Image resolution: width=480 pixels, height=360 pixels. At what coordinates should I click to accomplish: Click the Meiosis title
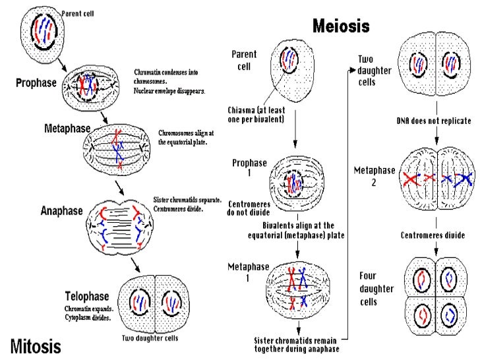[341, 26]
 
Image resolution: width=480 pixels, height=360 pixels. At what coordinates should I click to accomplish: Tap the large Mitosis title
[36, 346]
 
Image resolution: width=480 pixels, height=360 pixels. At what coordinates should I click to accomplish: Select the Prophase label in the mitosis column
[36, 82]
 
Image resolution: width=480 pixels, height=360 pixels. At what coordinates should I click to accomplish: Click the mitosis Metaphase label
[67, 129]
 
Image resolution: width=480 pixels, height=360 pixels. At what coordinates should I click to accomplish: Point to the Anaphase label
[62, 210]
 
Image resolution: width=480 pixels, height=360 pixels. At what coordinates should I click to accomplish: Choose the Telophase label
[87, 296]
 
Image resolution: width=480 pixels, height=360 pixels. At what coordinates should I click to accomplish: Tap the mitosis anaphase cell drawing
[120, 227]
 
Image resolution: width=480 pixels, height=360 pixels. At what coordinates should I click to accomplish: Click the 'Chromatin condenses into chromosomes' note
[166, 76]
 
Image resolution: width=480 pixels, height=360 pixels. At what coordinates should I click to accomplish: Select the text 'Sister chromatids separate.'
[187, 200]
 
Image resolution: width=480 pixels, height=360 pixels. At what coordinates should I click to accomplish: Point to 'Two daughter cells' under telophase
[150, 338]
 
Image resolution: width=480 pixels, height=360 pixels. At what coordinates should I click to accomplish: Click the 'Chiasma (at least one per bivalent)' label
[256, 115]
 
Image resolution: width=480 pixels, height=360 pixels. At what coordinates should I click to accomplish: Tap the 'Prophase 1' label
[249, 167]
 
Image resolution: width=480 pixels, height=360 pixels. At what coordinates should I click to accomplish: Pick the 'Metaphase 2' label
[375, 176]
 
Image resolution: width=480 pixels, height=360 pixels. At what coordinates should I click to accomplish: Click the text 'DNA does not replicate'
[434, 121]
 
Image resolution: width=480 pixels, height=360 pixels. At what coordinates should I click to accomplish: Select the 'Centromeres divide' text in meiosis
[433, 235]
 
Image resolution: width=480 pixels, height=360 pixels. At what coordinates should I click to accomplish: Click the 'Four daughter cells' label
[376, 289]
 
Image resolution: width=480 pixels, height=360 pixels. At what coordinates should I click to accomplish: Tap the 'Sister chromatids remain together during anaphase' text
[297, 345]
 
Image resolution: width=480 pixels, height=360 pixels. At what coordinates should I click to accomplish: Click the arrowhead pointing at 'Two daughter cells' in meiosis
[352, 71]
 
